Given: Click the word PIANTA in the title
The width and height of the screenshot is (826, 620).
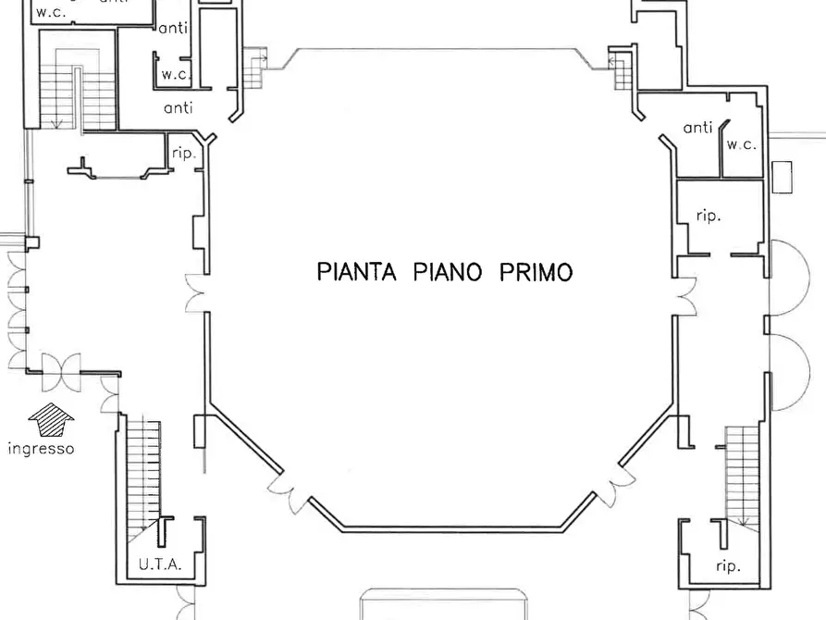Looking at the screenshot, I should (356, 272).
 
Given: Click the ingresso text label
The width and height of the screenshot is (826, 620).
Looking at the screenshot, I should (41, 450).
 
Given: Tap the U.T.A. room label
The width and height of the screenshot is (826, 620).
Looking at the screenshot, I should (160, 564).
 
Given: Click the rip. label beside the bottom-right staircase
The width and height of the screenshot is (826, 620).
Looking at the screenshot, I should (727, 565).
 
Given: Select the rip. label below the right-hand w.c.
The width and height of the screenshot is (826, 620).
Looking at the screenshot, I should (708, 216).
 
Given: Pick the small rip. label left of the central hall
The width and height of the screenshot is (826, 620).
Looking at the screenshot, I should (184, 154).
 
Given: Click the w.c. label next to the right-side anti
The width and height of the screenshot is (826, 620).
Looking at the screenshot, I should (741, 145).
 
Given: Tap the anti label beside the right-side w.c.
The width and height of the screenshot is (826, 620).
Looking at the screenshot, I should (697, 128).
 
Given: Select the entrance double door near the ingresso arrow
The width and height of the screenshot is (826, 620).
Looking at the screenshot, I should (61, 372).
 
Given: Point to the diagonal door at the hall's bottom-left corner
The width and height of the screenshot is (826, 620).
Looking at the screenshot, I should (289, 491).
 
